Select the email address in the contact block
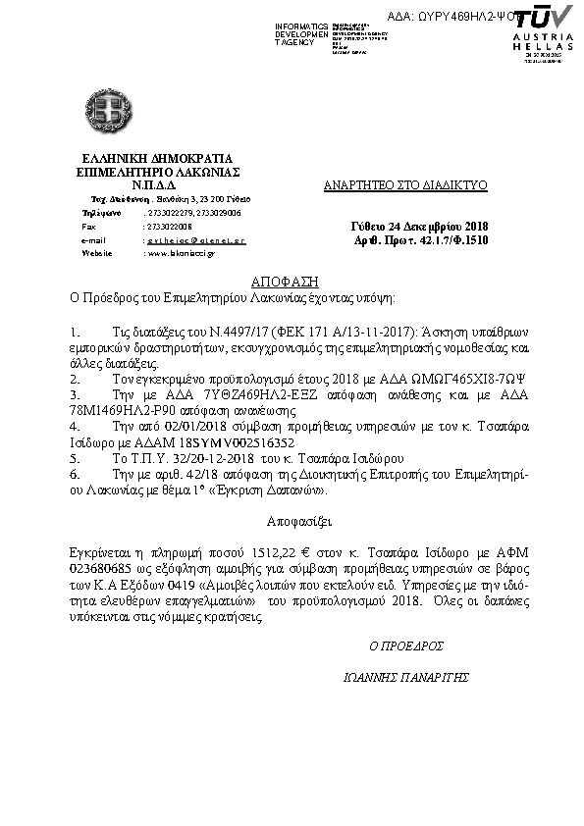coord(195,239)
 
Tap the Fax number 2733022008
coord(168,226)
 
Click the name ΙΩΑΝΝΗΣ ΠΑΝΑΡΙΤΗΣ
coord(406,678)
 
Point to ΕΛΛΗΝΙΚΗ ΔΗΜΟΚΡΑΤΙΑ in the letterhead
coord(158,157)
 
